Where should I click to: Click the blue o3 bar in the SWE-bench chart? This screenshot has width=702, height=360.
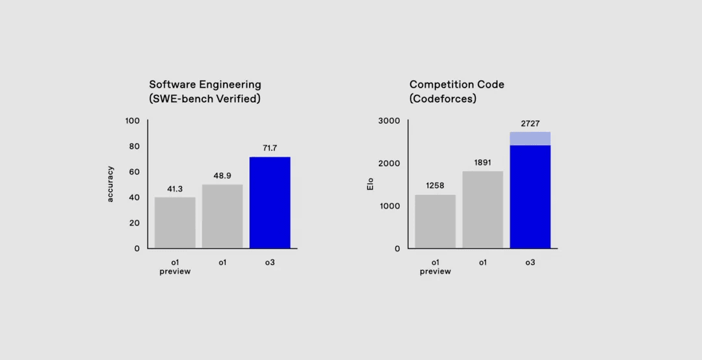coord(270,202)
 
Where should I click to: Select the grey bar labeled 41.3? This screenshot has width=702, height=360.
coord(175,222)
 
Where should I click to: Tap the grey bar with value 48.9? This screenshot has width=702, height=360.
coord(222,216)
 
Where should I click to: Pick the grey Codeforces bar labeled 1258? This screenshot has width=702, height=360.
coord(435,221)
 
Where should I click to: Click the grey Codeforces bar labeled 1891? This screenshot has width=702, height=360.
coord(482,209)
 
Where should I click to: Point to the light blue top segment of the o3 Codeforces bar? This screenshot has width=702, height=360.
coord(530,138)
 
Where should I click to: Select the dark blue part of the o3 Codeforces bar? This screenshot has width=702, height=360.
coord(530,196)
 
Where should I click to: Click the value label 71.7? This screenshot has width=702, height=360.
coord(270,148)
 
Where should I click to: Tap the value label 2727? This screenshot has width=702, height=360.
coord(530,123)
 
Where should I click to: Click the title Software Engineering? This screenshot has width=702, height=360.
coord(205,84)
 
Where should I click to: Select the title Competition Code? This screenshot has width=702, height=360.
coord(457,84)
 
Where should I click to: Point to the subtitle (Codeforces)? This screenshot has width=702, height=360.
coord(443,99)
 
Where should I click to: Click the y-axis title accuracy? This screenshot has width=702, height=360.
coord(110,184)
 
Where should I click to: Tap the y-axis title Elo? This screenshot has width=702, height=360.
coord(370,184)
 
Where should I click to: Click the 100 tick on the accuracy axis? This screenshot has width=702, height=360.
coord(133,121)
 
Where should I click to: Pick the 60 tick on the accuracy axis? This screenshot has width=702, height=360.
coord(135,172)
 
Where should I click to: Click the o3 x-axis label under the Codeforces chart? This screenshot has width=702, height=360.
coord(530,263)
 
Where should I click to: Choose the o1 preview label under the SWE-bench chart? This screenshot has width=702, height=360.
coord(175,267)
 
